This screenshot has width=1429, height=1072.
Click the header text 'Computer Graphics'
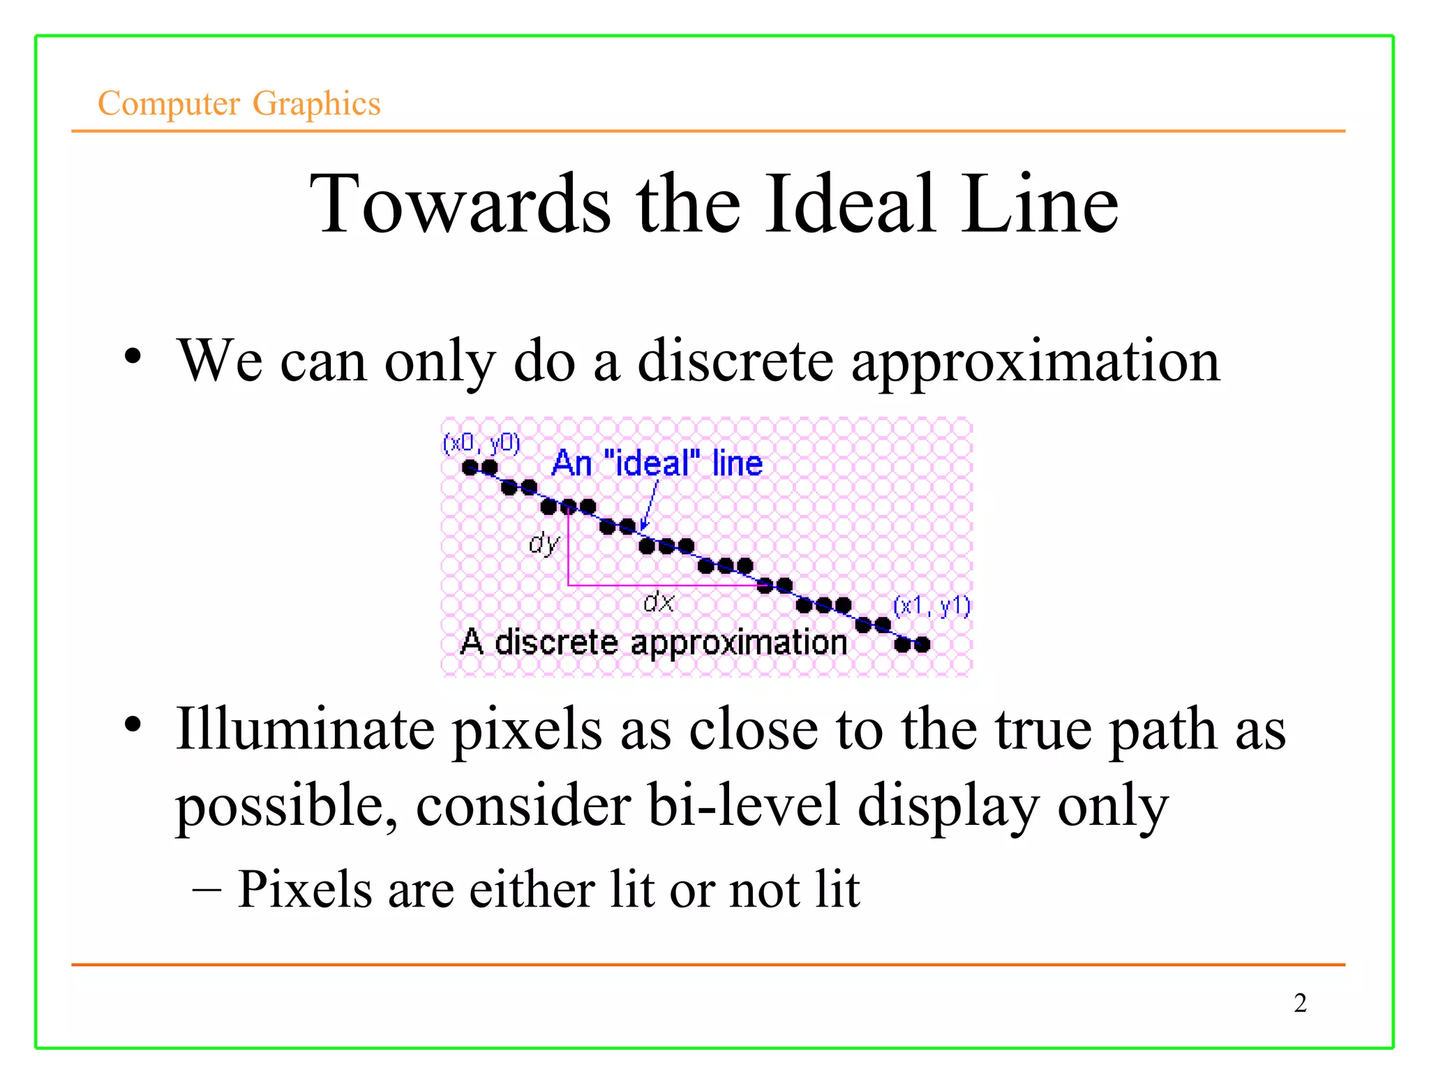click(x=239, y=103)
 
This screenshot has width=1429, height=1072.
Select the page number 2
click(x=1300, y=1003)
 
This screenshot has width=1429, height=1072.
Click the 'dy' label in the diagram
click(x=544, y=542)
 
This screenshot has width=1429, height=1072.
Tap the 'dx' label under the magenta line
click(x=659, y=602)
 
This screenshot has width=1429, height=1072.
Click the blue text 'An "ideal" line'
click(x=657, y=463)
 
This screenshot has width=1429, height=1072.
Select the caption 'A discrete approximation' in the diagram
click(x=654, y=642)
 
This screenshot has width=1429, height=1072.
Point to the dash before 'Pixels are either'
click(x=207, y=890)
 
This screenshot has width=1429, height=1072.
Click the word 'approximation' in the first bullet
click(x=1035, y=362)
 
